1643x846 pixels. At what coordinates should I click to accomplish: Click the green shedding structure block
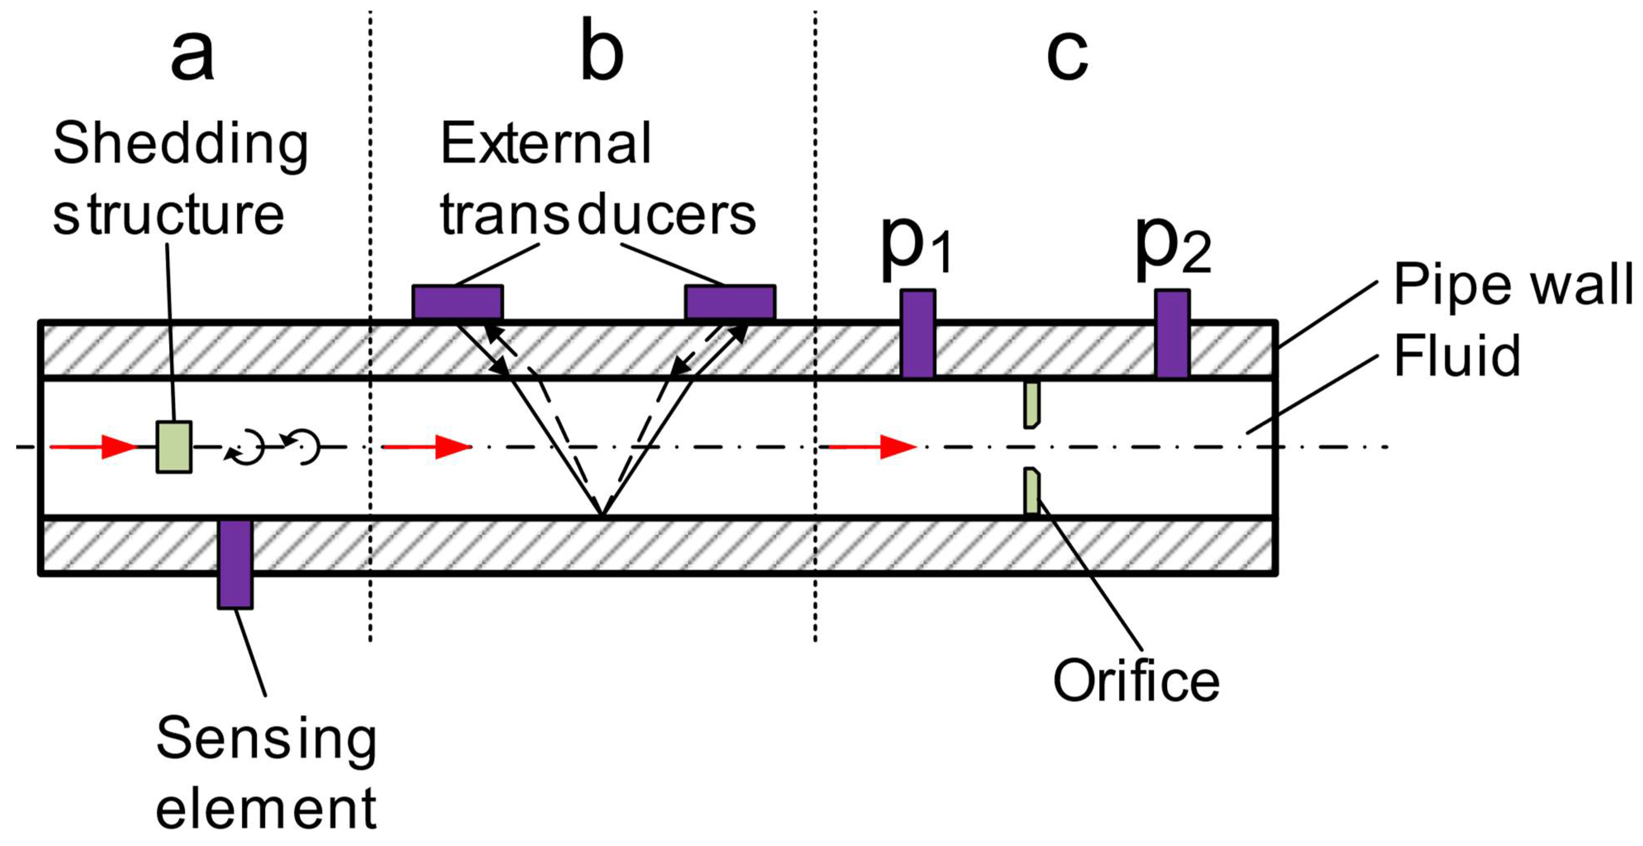click(174, 447)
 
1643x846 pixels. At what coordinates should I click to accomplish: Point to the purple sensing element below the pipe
click(235, 563)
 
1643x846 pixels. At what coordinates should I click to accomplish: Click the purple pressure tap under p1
click(918, 333)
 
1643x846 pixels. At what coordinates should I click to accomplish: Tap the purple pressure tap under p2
click(1172, 333)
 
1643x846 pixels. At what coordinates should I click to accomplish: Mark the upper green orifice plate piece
click(1031, 405)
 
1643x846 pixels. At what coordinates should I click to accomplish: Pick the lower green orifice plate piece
click(1031, 491)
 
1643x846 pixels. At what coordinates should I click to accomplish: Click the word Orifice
click(1136, 681)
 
